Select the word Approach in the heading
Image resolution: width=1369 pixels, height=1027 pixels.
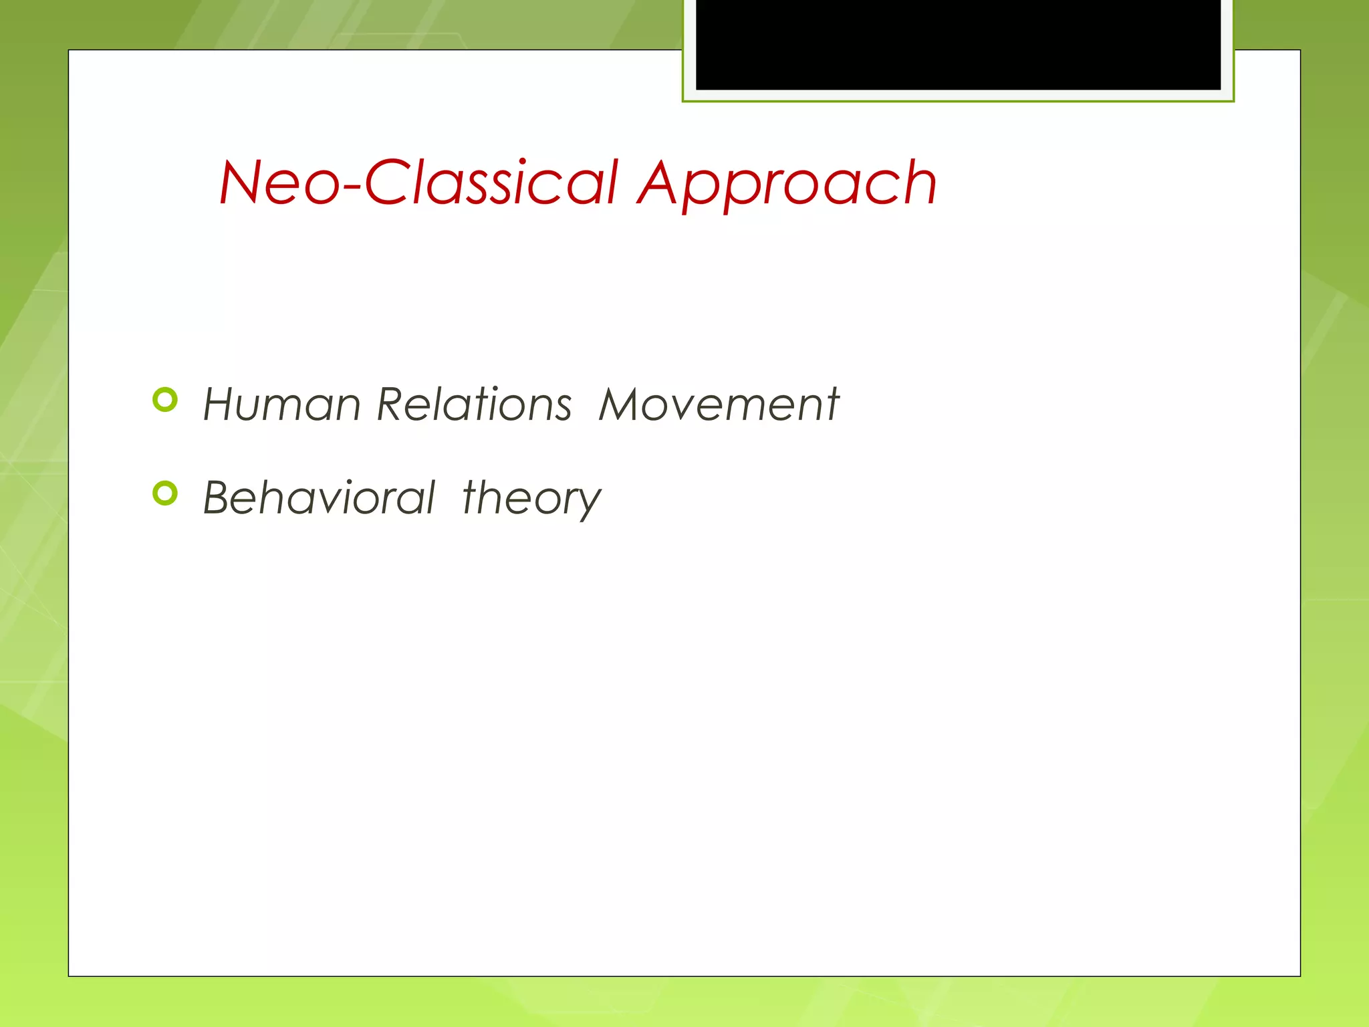787,184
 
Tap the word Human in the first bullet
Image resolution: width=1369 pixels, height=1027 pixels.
281,405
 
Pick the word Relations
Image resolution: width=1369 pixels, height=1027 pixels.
474,405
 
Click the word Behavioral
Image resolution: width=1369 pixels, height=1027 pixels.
319,498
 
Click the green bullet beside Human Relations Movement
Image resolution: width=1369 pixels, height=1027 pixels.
165,400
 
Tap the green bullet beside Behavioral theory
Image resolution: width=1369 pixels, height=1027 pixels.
165,493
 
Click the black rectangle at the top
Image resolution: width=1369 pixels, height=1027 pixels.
958,44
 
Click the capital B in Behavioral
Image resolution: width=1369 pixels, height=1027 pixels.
221,498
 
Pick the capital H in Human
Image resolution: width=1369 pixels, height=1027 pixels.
221,405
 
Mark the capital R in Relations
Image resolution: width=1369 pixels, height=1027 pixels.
392,405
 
